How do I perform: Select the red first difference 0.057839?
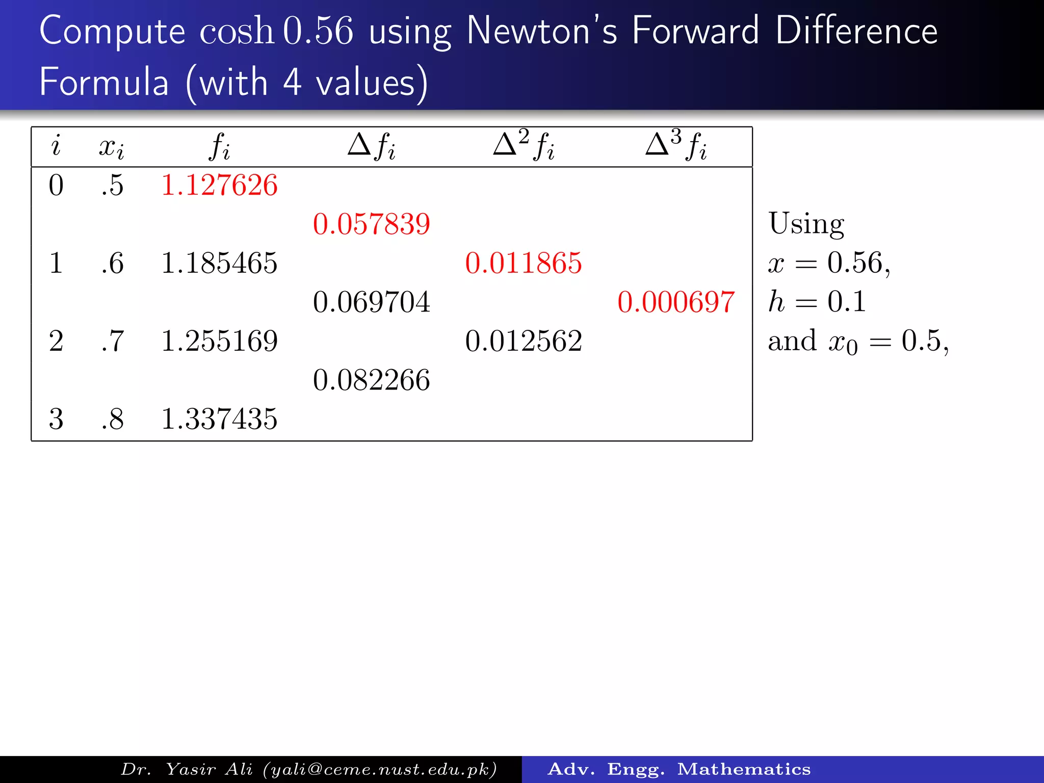tap(371, 224)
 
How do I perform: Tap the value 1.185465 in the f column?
tap(219, 263)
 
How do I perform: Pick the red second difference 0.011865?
tap(523, 263)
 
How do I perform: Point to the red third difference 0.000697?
tap(675, 302)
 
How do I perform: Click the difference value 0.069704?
tap(371, 302)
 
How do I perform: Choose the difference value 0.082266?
tap(371, 380)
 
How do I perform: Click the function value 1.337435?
tap(219, 419)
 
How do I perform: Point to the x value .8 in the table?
tap(113, 419)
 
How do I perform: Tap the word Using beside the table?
tap(806, 224)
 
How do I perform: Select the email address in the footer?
tap(380, 769)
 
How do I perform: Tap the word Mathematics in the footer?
tap(744, 769)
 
